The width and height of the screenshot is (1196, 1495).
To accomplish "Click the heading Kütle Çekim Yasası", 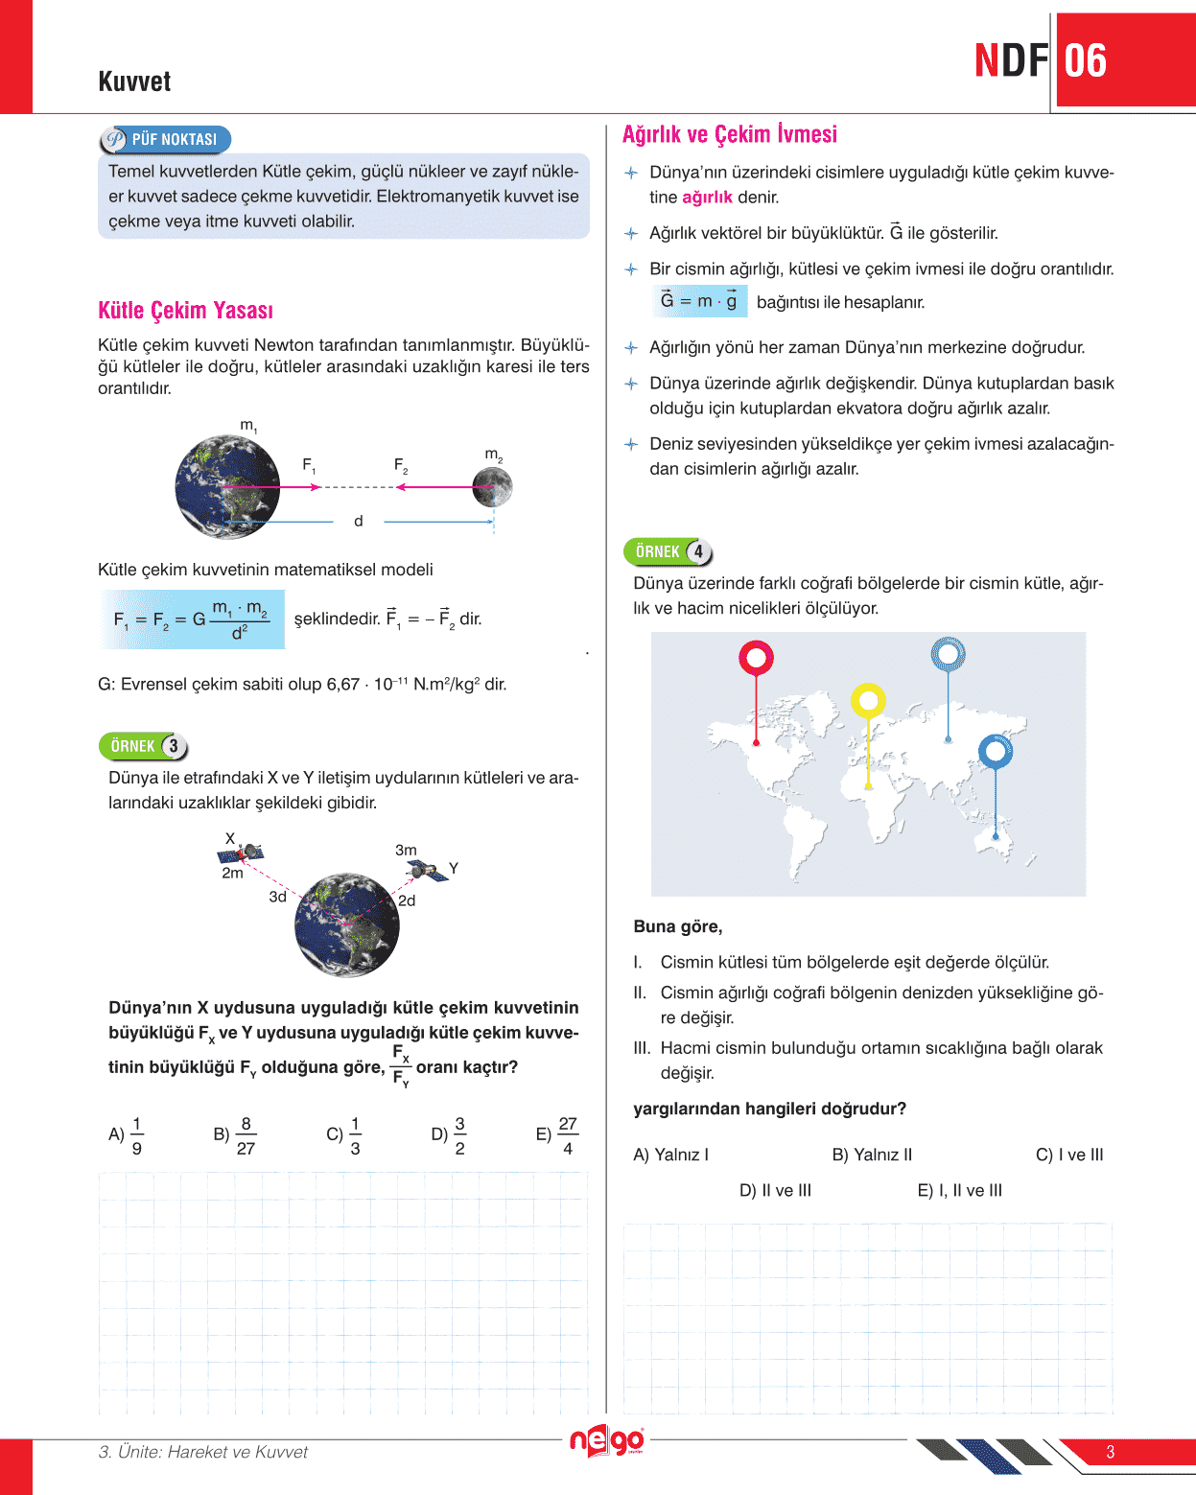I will [x=185, y=311].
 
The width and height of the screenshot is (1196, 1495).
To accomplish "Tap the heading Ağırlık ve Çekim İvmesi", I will [x=729, y=134].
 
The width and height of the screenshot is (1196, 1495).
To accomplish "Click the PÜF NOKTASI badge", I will [x=165, y=140].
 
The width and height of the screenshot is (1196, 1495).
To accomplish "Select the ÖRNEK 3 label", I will [x=143, y=746].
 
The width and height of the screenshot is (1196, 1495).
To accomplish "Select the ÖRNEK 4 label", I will [x=668, y=552].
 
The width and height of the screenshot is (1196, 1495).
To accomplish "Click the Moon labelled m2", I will [x=492, y=486].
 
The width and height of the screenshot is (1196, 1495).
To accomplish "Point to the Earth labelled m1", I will [x=228, y=486].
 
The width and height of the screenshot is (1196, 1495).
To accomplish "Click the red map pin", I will [x=756, y=658].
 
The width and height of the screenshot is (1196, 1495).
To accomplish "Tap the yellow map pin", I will [x=868, y=701].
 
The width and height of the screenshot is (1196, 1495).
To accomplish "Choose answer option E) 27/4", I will [x=557, y=1135].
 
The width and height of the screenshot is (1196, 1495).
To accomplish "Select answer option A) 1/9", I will [x=127, y=1135].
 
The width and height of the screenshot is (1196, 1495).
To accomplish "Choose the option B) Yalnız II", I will [x=872, y=1155].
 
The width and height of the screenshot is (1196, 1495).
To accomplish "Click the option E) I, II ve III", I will [x=959, y=1190].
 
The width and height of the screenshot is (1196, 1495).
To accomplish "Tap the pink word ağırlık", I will [x=707, y=198].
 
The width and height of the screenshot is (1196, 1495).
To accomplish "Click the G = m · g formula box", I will [x=699, y=301].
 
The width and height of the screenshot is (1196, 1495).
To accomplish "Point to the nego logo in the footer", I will [x=606, y=1441].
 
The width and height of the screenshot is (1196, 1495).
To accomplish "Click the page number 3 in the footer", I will [x=1110, y=1452].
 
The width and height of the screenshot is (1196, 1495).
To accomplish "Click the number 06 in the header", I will [x=1086, y=61].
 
